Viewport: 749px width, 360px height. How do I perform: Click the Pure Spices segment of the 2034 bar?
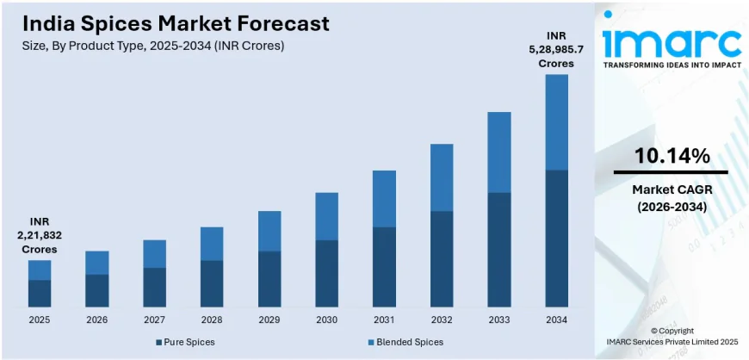pos(556,239)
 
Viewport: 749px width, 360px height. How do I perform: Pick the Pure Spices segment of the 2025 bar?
pos(40,293)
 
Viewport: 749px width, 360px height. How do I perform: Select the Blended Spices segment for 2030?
pos(326,216)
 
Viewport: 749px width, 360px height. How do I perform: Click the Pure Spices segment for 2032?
pos(442,258)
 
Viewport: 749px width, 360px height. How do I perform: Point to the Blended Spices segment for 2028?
pos(212,244)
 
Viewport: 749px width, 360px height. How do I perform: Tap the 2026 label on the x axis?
pos(97,320)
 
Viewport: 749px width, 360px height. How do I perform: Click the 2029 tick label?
pos(269,320)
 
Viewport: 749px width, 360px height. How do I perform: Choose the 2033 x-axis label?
pos(499,320)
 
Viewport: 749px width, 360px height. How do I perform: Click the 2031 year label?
pos(384,320)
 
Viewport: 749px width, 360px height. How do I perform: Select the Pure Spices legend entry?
pos(185,342)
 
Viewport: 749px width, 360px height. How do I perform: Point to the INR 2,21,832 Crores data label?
pos(40,235)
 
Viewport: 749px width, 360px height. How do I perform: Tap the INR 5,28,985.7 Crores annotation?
pos(556,49)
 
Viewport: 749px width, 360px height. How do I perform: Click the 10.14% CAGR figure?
pos(672,156)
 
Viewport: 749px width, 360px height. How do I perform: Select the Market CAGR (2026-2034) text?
pos(672,197)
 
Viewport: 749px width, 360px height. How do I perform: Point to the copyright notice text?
pos(672,337)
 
